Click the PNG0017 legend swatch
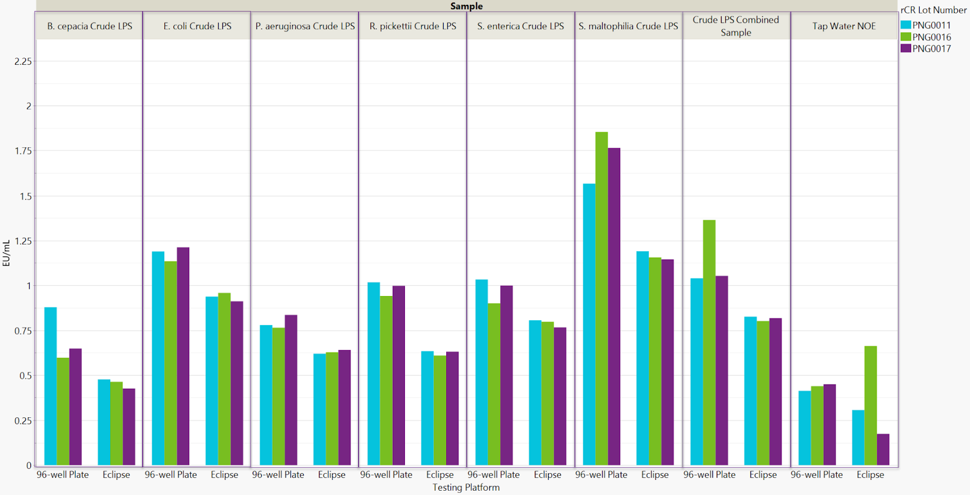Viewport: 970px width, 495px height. coord(906,49)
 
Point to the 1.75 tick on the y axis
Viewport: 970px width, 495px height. coord(23,151)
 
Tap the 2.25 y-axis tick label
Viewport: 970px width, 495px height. coord(23,61)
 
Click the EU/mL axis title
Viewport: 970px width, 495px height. coord(7,253)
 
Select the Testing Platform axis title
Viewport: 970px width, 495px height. coord(466,487)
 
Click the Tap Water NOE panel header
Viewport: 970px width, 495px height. coord(844,26)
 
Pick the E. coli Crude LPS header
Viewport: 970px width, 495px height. coord(197,26)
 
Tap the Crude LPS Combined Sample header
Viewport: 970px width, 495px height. coord(736,26)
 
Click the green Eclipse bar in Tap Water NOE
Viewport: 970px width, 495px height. coord(871,405)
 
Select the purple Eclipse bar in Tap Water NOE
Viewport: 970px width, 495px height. coord(883,450)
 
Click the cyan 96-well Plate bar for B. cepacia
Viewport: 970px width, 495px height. coord(50,386)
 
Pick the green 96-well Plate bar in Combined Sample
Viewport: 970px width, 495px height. coord(709,343)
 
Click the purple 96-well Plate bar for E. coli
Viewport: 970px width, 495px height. coord(183,356)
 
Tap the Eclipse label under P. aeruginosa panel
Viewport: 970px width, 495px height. coord(332,474)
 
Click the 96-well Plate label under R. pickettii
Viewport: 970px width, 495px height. coord(386,474)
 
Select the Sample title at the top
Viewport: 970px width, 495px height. coord(466,6)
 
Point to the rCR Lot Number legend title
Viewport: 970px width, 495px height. coord(933,10)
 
